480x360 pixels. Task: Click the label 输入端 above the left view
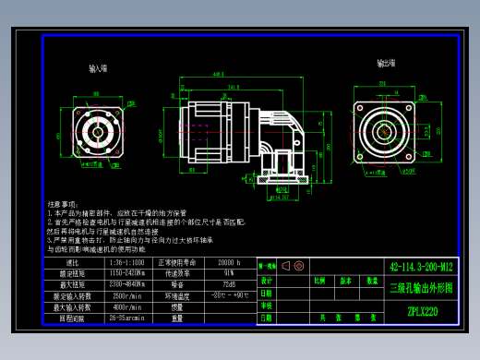point(98,68)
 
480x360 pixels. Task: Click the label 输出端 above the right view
point(386,63)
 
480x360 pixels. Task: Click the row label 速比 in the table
point(70,263)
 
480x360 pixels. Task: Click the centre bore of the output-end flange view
point(386,131)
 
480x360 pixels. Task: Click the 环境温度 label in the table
point(178,295)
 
